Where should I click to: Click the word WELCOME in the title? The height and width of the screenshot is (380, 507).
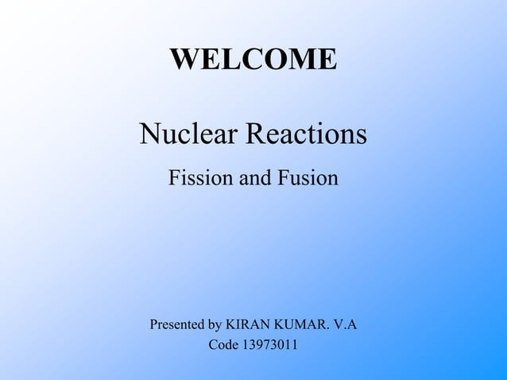(253, 59)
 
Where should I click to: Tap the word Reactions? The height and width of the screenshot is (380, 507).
(307, 134)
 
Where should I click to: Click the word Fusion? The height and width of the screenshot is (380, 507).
(308, 178)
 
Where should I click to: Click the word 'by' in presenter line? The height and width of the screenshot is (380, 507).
(215, 326)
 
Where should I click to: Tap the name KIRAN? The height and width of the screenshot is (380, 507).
(247, 325)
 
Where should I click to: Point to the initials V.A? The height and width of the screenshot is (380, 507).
(344, 325)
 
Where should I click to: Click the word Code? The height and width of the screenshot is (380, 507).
(223, 346)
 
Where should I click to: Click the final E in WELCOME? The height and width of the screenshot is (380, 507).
(328, 59)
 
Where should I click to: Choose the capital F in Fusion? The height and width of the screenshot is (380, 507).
(282, 178)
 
